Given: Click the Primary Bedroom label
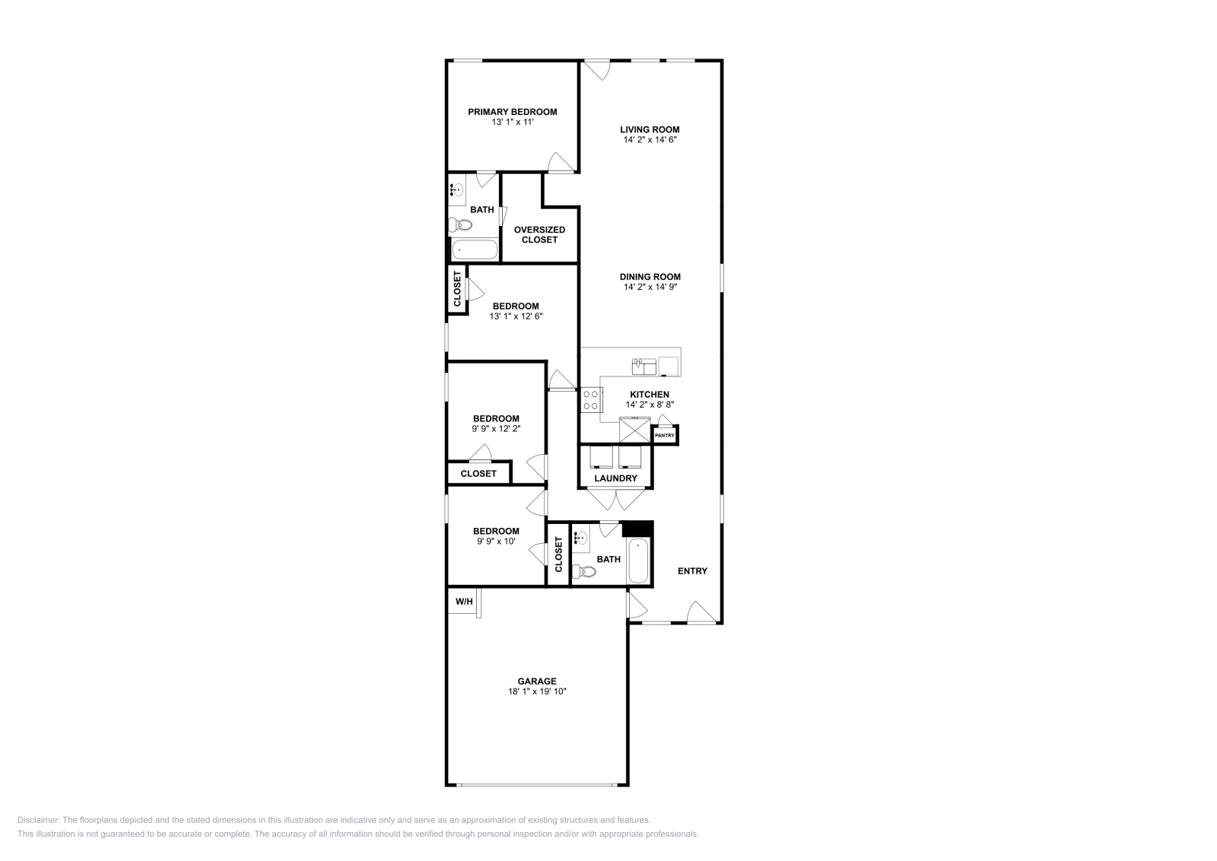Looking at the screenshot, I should (x=512, y=112).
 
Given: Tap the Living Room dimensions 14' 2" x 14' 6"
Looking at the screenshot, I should (x=649, y=140).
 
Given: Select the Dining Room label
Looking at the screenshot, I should (x=650, y=277).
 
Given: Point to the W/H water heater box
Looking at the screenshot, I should (x=463, y=602).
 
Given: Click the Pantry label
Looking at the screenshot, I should (x=665, y=436).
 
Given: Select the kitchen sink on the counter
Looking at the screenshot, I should (x=643, y=367).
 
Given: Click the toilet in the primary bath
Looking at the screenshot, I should (x=461, y=225).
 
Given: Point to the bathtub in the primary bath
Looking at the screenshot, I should (x=474, y=249).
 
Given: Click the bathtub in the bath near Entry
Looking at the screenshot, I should (x=638, y=561).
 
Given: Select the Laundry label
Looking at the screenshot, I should (x=615, y=478).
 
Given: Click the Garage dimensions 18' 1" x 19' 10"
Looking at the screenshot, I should (x=537, y=692).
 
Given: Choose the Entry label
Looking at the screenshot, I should (x=692, y=571).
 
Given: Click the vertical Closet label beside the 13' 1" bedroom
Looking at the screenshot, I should (x=457, y=289).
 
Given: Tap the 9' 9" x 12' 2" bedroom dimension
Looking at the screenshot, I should (x=496, y=429).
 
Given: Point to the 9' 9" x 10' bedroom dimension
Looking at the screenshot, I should (x=496, y=542).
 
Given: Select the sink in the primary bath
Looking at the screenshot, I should (x=457, y=190).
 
